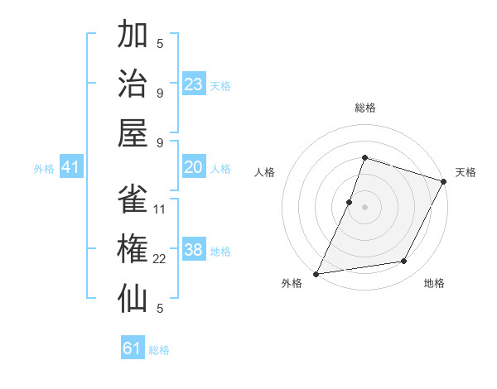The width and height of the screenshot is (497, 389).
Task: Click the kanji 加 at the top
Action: [133, 36]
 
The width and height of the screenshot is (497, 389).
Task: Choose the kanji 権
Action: [133, 248]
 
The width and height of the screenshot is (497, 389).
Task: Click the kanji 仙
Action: [133, 296]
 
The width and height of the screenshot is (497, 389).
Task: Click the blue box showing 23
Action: [194, 84]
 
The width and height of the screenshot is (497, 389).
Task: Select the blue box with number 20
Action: [194, 167]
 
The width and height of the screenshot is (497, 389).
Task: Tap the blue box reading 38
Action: [194, 250]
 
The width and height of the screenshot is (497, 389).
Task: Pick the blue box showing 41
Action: [71, 167]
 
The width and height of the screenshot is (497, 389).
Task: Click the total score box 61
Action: [133, 348]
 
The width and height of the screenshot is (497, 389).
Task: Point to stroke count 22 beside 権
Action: [160, 259]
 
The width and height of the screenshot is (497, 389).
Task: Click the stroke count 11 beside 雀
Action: [160, 209]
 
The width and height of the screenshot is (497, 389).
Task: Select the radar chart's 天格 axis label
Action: [466, 172]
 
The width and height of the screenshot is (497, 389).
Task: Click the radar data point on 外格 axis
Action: [316, 273]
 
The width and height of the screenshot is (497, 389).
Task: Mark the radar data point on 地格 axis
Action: [404, 262]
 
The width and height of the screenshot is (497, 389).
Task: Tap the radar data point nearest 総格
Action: [364, 157]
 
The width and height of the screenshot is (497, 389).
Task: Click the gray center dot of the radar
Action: [364, 207]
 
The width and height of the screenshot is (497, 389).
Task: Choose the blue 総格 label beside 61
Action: [159, 350]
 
